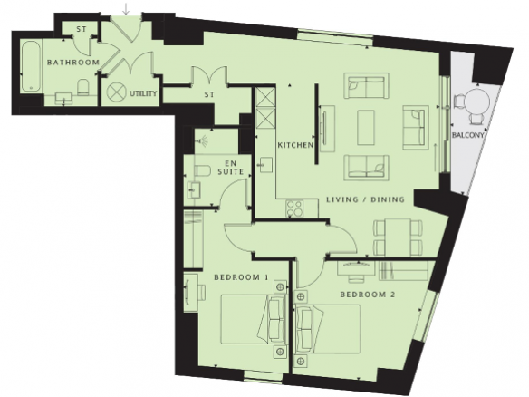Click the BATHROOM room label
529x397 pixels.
coord(73,63)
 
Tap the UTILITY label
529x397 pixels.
coord(143,93)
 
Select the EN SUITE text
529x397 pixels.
coord(231,168)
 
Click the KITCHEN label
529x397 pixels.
coord(295,145)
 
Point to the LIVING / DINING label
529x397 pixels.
coord(365,199)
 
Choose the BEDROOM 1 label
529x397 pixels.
coord(241,277)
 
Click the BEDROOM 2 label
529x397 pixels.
coord(368,295)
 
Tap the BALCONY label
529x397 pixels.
coord(468,135)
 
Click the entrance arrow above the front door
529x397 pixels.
coord(126,9)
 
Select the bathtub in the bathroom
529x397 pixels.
coord(32,66)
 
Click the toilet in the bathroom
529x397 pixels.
coord(82,87)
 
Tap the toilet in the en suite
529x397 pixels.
coord(202,169)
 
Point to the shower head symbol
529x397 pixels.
coord(204,140)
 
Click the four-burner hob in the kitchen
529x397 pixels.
coord(294,208)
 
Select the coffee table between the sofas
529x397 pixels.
coord(366,127)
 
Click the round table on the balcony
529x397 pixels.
coord(476,101)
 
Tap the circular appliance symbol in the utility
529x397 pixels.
coord(116,91)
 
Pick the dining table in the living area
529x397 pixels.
coord(398,237)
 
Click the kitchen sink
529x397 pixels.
coord(264,165)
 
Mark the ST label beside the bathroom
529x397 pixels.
coord(82,29)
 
